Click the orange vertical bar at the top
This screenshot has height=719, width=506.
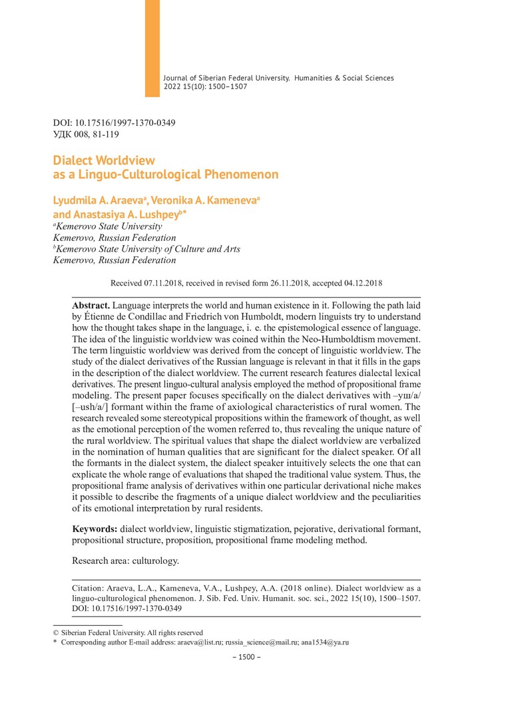pos(152,48)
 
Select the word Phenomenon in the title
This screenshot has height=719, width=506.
pos(240,175)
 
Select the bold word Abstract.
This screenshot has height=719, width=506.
pos(90,304)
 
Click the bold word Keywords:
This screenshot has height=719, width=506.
pos(95,529)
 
